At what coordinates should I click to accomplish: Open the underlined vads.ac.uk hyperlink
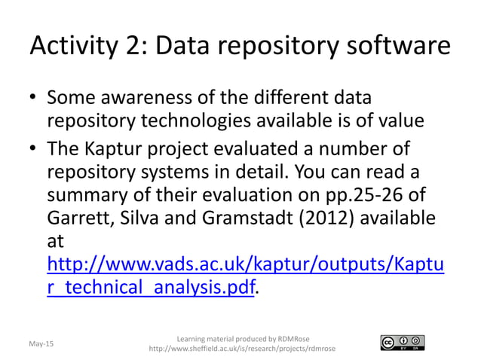tap(245, 266)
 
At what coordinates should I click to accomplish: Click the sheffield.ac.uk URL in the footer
tap(243, 349)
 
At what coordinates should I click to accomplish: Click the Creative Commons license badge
tap(403, 343)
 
